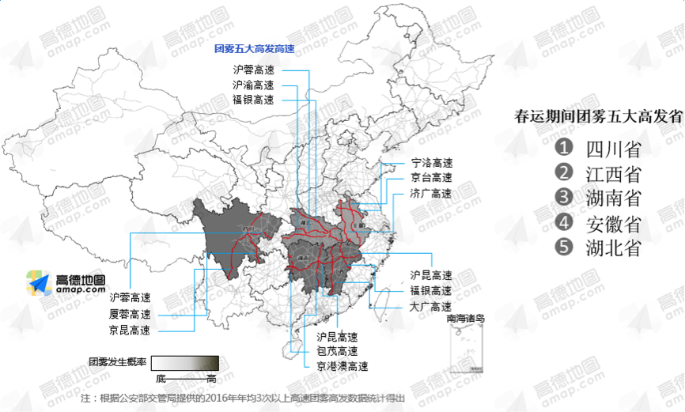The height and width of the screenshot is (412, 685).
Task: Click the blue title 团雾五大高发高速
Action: click(254, 49)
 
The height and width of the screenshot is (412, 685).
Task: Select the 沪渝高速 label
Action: click(253, 85)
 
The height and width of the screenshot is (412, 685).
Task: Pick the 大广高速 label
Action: click(430, 306)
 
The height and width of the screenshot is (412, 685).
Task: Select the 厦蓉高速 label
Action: click(130, 314)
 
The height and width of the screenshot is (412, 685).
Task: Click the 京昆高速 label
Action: click(130, 330)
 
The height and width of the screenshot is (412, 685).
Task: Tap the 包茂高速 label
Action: click(337, 351)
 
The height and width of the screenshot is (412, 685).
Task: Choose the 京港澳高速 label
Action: click(342, 366)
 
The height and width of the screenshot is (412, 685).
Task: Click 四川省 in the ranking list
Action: click(613, 149)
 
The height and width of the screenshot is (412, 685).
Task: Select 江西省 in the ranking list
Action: click(613, 173)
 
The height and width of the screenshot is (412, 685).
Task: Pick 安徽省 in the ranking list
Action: click(613, 223)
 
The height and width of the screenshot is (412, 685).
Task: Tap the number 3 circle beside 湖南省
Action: click(564, 197)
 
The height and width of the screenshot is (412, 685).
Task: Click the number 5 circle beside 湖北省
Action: click(564, 247)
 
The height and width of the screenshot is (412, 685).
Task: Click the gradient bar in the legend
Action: click(185, 362)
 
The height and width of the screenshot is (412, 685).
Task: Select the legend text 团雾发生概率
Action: click(117, 362)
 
